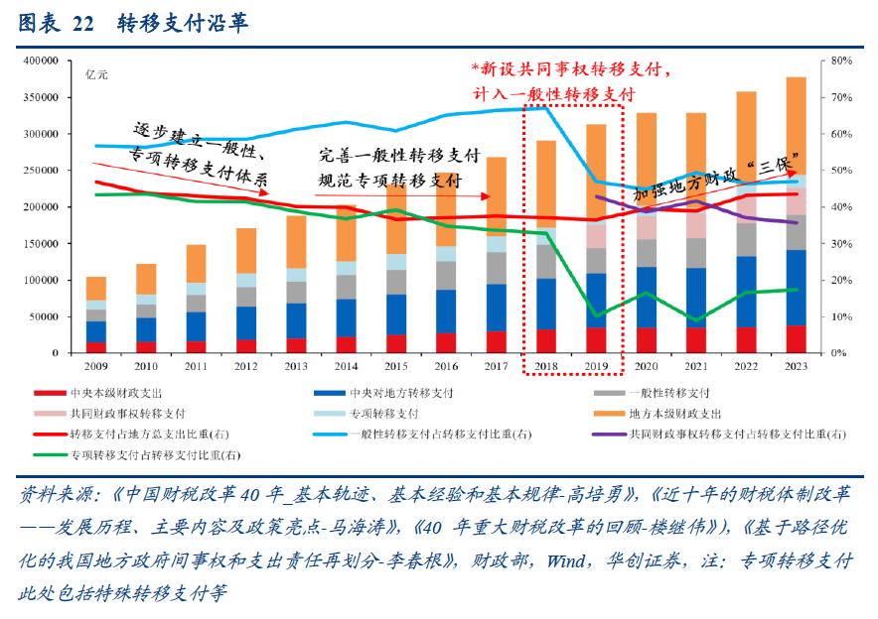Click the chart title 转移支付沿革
[x=182, y=23]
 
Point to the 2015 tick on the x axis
[x=397, y=366]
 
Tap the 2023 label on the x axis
[x=797, y=366]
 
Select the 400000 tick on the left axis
[x=41, y=62]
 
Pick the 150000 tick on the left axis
[x=41, y=244]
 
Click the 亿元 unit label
[x=96, y=75]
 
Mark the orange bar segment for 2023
[x=797, y=127]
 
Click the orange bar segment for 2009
[x=96, y=288]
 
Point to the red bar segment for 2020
[x=647, y=340]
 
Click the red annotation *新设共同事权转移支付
[x=571, y=70]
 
